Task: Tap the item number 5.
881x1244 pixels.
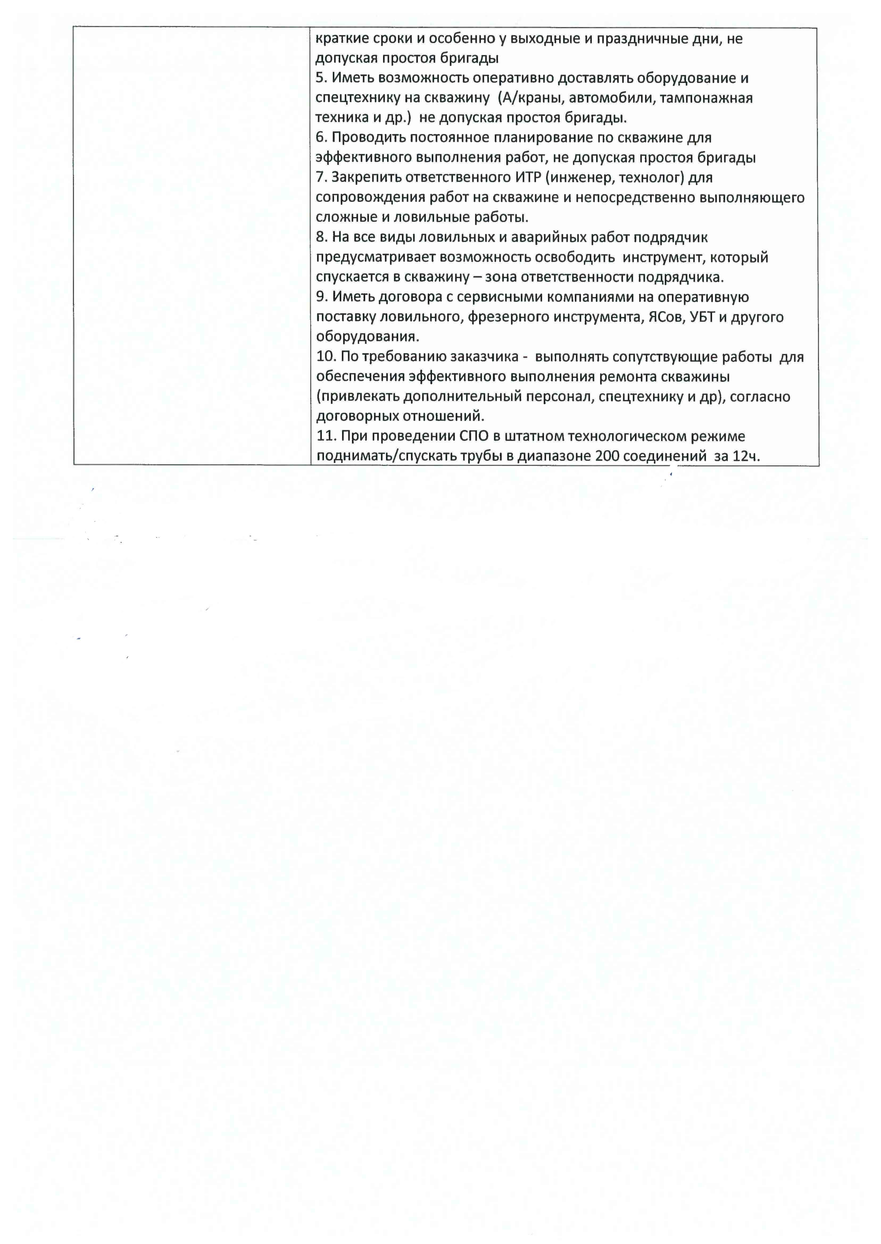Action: pyautogui.click(x=321, y=78)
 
